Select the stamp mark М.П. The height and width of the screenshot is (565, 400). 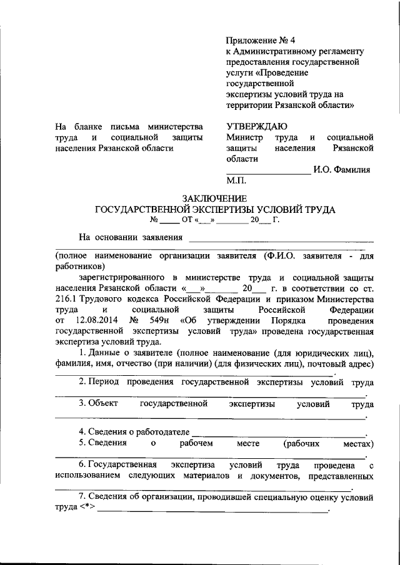pyautogui.click(x=237, y=181)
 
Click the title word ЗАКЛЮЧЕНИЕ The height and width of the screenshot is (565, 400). pyautogui.click(x=214, y=199)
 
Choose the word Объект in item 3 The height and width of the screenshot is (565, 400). pyautogui.click(x=104, y=404)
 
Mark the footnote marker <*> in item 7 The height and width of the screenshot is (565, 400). pyautogui.click(x=87, y=509)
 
